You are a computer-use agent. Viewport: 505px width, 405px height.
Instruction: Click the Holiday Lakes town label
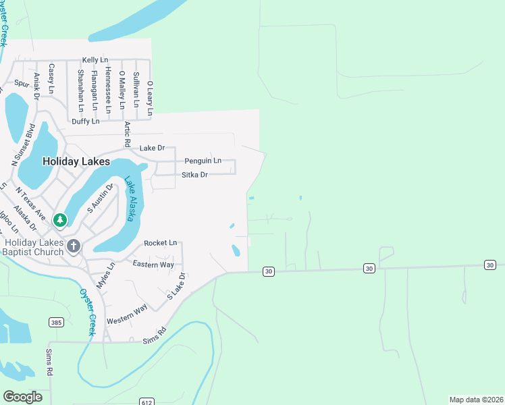[76, 161]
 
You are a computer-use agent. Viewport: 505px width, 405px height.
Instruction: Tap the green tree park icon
[60, 220]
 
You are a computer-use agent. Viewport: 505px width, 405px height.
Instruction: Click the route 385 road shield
[56, 323]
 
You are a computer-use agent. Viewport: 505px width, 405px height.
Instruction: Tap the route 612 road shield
[147, 402]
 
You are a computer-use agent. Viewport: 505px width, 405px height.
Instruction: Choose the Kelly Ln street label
[95, 60]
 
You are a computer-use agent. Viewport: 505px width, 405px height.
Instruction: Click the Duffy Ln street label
[85, 122]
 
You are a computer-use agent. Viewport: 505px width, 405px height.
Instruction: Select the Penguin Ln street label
[203, 161]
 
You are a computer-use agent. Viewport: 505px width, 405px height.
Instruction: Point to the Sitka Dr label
[194, 175]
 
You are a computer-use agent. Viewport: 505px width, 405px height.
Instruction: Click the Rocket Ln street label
[160, 242]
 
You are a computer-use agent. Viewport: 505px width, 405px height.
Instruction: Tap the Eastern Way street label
[153, 264]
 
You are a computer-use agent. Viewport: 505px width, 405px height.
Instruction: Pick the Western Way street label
[127, 314]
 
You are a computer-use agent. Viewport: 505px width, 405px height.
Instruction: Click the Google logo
[22, 396]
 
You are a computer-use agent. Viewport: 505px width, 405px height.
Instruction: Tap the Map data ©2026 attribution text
[476, 399]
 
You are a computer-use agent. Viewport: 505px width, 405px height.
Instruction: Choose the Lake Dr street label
[152, 148]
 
